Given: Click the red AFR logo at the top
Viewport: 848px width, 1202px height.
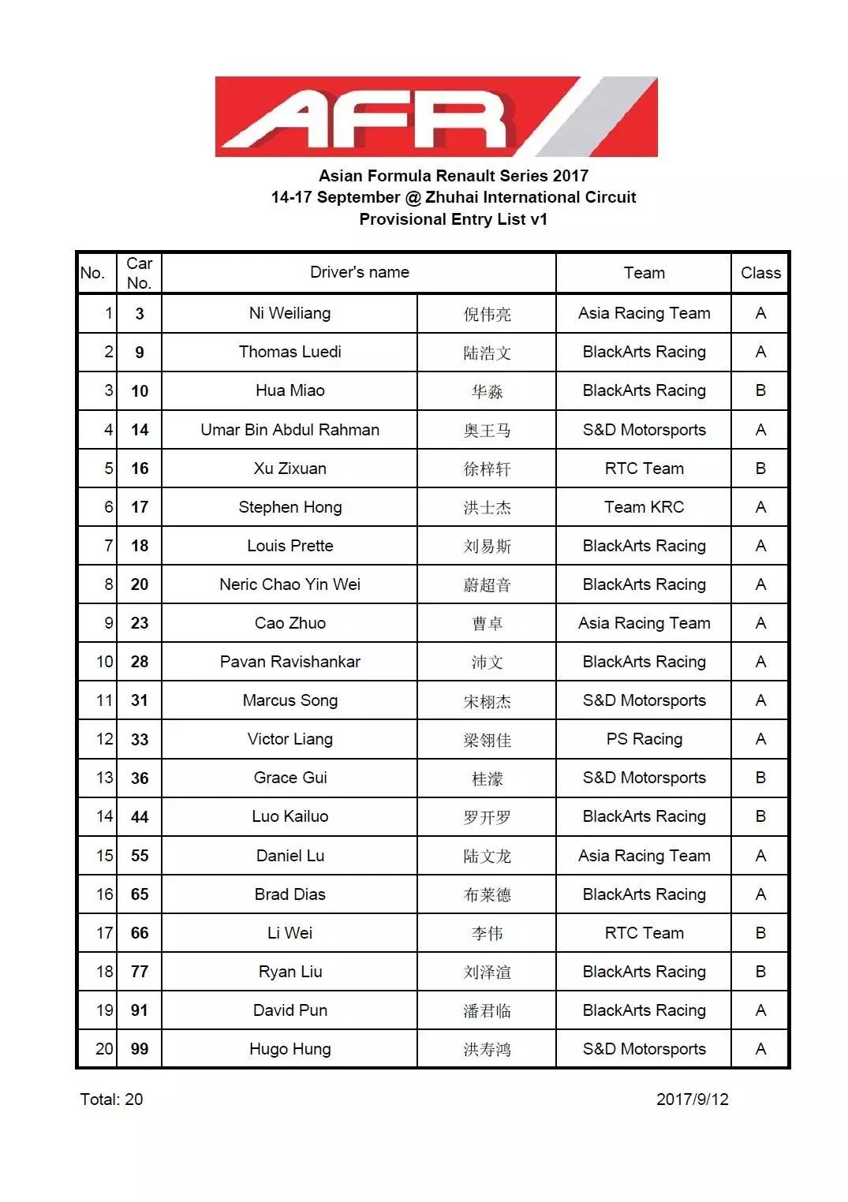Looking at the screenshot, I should pyautogui.click(x=435, y=117).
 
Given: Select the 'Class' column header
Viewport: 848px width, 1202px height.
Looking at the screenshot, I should pyautogui.click(x=760, y=273).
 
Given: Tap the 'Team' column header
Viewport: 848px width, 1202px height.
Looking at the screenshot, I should pyautogui.click(x=644, y=273).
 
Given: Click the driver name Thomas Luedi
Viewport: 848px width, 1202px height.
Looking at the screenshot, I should pyautogui.click(x=290, y=352).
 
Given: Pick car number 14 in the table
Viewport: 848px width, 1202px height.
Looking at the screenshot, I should pyautogui.click(x=140, y=430).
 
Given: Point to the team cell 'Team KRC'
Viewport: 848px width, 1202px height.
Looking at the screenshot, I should pyautogui.click(x=644, y=507).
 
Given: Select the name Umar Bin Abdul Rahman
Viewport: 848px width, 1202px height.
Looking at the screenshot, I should pyautogui.click(x=290, y=430).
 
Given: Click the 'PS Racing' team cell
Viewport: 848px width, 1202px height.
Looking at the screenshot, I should pyautogui.click(x=644, y=739).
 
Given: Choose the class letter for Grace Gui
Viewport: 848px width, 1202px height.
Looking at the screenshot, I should pyautogui.click(x=760, y=778).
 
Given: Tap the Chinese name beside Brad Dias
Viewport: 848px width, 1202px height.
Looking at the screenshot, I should pyautogui.click(x=487, y=894).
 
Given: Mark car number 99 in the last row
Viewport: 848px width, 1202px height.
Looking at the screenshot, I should pyautogui.click(x=140, y=1049).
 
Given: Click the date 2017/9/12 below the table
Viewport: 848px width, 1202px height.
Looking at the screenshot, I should pyautogui.click(x=692, y=1099).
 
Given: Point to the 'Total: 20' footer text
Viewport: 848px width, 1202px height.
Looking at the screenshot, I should pyautogui.click(x=111, y=1099).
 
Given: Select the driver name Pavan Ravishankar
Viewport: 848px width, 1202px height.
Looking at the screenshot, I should pyautogui.click(x=290, y=662).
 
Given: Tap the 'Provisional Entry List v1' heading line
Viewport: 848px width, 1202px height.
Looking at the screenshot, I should pyautogui.click(x=453, y=219).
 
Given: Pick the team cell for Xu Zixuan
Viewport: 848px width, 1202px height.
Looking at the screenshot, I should pyautogui.click(x=644, y=468).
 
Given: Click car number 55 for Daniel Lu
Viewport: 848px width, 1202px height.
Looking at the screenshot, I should pyautogui.click(x=140, y=856).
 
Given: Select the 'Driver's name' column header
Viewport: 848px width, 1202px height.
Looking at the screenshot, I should pyautogui.click(x=359, y=272).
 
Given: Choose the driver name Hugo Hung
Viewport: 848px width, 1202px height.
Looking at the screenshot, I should pyautogui.click(x=290, y=1049).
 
